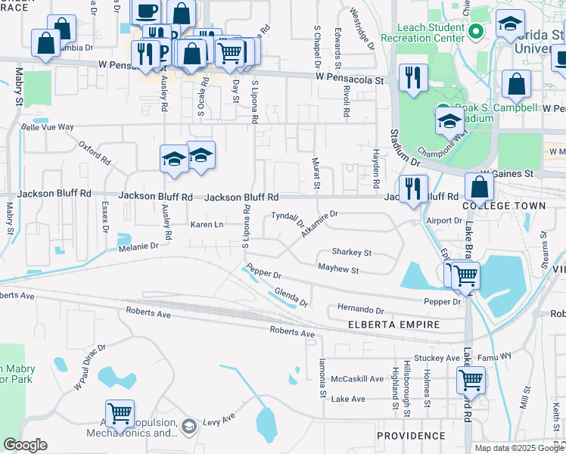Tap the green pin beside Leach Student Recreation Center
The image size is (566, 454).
(476, 32)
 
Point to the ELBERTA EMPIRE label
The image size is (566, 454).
(393, 325)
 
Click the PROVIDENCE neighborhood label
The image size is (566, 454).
(411, 436)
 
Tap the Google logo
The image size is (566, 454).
(25, 445)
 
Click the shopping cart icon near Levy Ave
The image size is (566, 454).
(120, 412)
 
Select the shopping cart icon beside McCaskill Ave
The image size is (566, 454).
(471, 379)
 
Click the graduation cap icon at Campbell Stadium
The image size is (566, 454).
(449, 120)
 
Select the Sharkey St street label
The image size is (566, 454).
(352, 253)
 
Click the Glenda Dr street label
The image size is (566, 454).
(291, 297)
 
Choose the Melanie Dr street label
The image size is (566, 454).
(137, 246)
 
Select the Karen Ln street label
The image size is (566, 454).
(207, 225)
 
